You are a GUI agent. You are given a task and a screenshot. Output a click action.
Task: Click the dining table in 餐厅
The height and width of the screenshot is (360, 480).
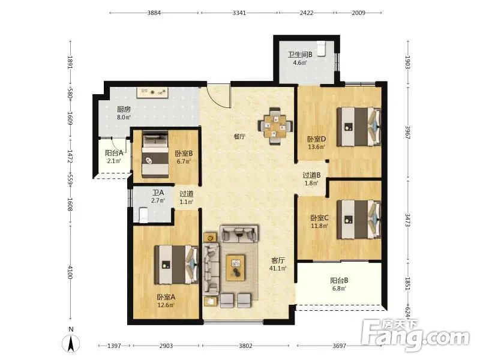275,126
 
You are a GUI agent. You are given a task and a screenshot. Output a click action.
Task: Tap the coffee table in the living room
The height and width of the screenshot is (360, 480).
235,268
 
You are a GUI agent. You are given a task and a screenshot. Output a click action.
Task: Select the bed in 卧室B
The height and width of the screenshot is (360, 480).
155,154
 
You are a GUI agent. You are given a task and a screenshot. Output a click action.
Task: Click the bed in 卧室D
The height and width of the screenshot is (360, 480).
359,127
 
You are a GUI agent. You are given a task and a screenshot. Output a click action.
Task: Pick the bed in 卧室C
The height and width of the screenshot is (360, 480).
359,219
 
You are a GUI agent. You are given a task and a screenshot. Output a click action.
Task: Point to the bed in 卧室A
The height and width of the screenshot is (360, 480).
176,265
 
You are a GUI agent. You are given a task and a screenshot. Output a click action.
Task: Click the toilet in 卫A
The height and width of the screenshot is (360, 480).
143,215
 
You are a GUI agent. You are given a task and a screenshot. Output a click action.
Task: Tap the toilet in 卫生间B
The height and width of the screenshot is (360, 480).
320,49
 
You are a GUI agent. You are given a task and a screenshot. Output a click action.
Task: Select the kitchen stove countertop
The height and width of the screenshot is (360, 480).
152,93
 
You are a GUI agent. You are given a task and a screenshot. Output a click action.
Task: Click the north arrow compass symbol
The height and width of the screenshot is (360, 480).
71,343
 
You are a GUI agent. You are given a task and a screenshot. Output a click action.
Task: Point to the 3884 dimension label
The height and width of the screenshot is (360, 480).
154,13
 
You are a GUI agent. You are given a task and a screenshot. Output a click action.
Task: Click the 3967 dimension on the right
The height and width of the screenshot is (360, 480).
407,133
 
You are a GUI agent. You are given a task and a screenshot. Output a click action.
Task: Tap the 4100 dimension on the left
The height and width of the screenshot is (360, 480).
70,272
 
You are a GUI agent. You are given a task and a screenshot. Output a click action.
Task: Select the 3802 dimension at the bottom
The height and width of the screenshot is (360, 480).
245,346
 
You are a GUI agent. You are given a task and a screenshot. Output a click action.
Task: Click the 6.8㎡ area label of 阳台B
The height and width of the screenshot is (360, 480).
339,289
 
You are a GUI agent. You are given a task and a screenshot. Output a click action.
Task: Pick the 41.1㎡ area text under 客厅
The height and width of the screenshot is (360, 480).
278,268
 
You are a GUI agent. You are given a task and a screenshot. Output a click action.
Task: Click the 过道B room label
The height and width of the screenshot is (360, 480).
311,175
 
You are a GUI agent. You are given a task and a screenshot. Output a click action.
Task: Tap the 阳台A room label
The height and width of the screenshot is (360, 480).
114,153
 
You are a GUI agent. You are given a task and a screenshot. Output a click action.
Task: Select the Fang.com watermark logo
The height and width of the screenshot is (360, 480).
415,335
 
